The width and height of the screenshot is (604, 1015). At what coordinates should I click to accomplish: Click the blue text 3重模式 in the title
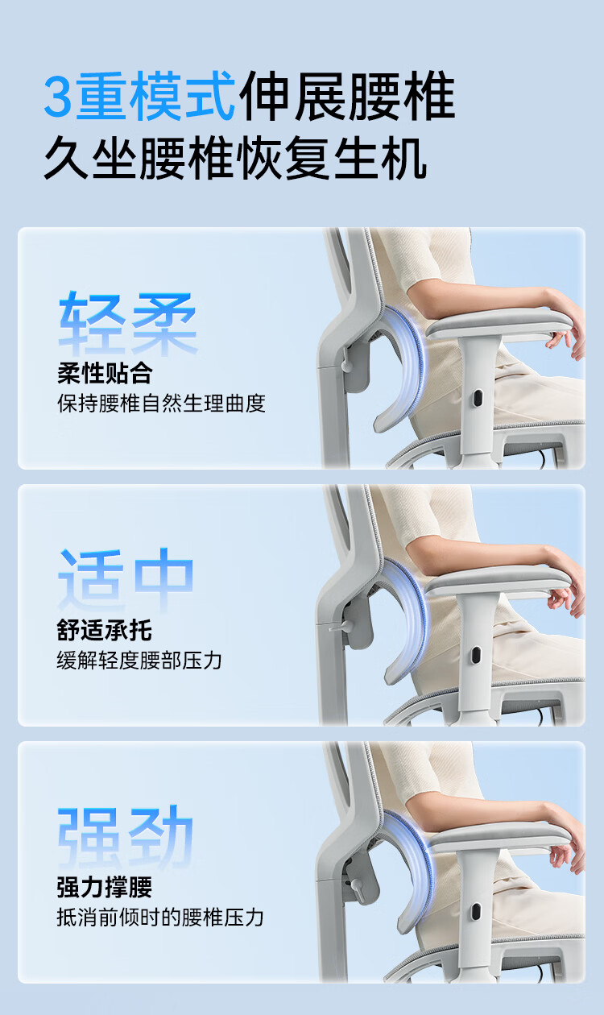point(139,96)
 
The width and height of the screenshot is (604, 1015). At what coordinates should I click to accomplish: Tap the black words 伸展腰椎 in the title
point(347,96)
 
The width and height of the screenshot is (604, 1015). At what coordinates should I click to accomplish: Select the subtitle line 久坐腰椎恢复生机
point(235,158)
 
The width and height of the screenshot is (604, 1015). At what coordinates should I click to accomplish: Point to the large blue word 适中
point(126,580)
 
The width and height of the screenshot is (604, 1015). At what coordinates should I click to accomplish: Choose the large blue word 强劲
point(126,837)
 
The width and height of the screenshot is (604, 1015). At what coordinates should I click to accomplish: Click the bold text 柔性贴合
point(105,374)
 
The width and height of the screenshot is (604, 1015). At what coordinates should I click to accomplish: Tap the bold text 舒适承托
point(104,630)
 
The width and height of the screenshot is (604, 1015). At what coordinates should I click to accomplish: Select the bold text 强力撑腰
point(104,887)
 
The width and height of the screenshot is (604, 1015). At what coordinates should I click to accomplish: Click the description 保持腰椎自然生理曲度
point(161,404)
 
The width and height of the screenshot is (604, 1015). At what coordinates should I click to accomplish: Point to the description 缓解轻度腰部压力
point(139,661)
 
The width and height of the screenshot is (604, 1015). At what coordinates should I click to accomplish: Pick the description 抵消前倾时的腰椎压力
point(160,917)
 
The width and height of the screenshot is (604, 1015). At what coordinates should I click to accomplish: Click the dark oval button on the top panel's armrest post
point(477,398)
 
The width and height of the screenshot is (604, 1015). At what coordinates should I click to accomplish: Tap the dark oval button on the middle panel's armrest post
point(475,655)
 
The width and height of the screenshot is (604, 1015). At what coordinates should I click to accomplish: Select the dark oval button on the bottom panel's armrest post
point(475,912)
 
